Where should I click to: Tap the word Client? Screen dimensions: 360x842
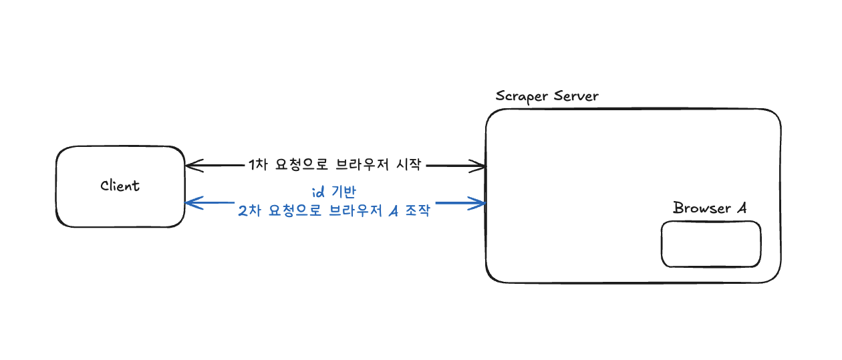click(120, 186)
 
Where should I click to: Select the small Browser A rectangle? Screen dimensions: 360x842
click(711, 244)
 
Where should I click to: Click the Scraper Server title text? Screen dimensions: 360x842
click(547, 96)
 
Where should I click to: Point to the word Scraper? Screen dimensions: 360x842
click(522, 96)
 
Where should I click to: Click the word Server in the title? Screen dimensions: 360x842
click(577, 96)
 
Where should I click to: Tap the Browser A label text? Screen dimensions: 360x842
click(709, 208)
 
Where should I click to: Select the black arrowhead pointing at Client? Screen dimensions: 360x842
click(191, 165)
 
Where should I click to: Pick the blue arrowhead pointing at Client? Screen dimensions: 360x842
click(191, 202)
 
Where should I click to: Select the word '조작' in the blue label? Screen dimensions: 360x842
click(417, 212)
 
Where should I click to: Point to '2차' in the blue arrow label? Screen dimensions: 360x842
click(249, 212)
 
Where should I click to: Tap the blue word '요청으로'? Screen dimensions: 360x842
click(292, 212)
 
